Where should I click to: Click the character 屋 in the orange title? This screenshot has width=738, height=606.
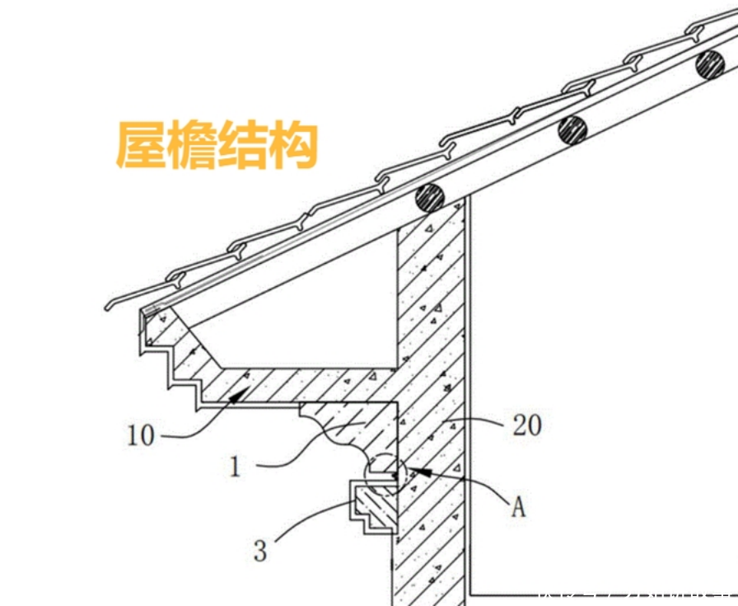coord(140,146)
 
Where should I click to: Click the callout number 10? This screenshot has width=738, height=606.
coord(141,435)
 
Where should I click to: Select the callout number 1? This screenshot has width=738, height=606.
coord(236,467)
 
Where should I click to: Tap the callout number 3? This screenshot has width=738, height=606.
coord(260,550)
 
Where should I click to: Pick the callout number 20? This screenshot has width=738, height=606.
coord(526,425)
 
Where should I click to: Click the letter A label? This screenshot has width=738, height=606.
coord(518,505)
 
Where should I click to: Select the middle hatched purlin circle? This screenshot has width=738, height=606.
coord(572,129)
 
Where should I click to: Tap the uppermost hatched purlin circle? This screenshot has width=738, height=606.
coord(708,64)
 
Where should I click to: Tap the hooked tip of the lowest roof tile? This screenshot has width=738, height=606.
coord(108,308)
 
